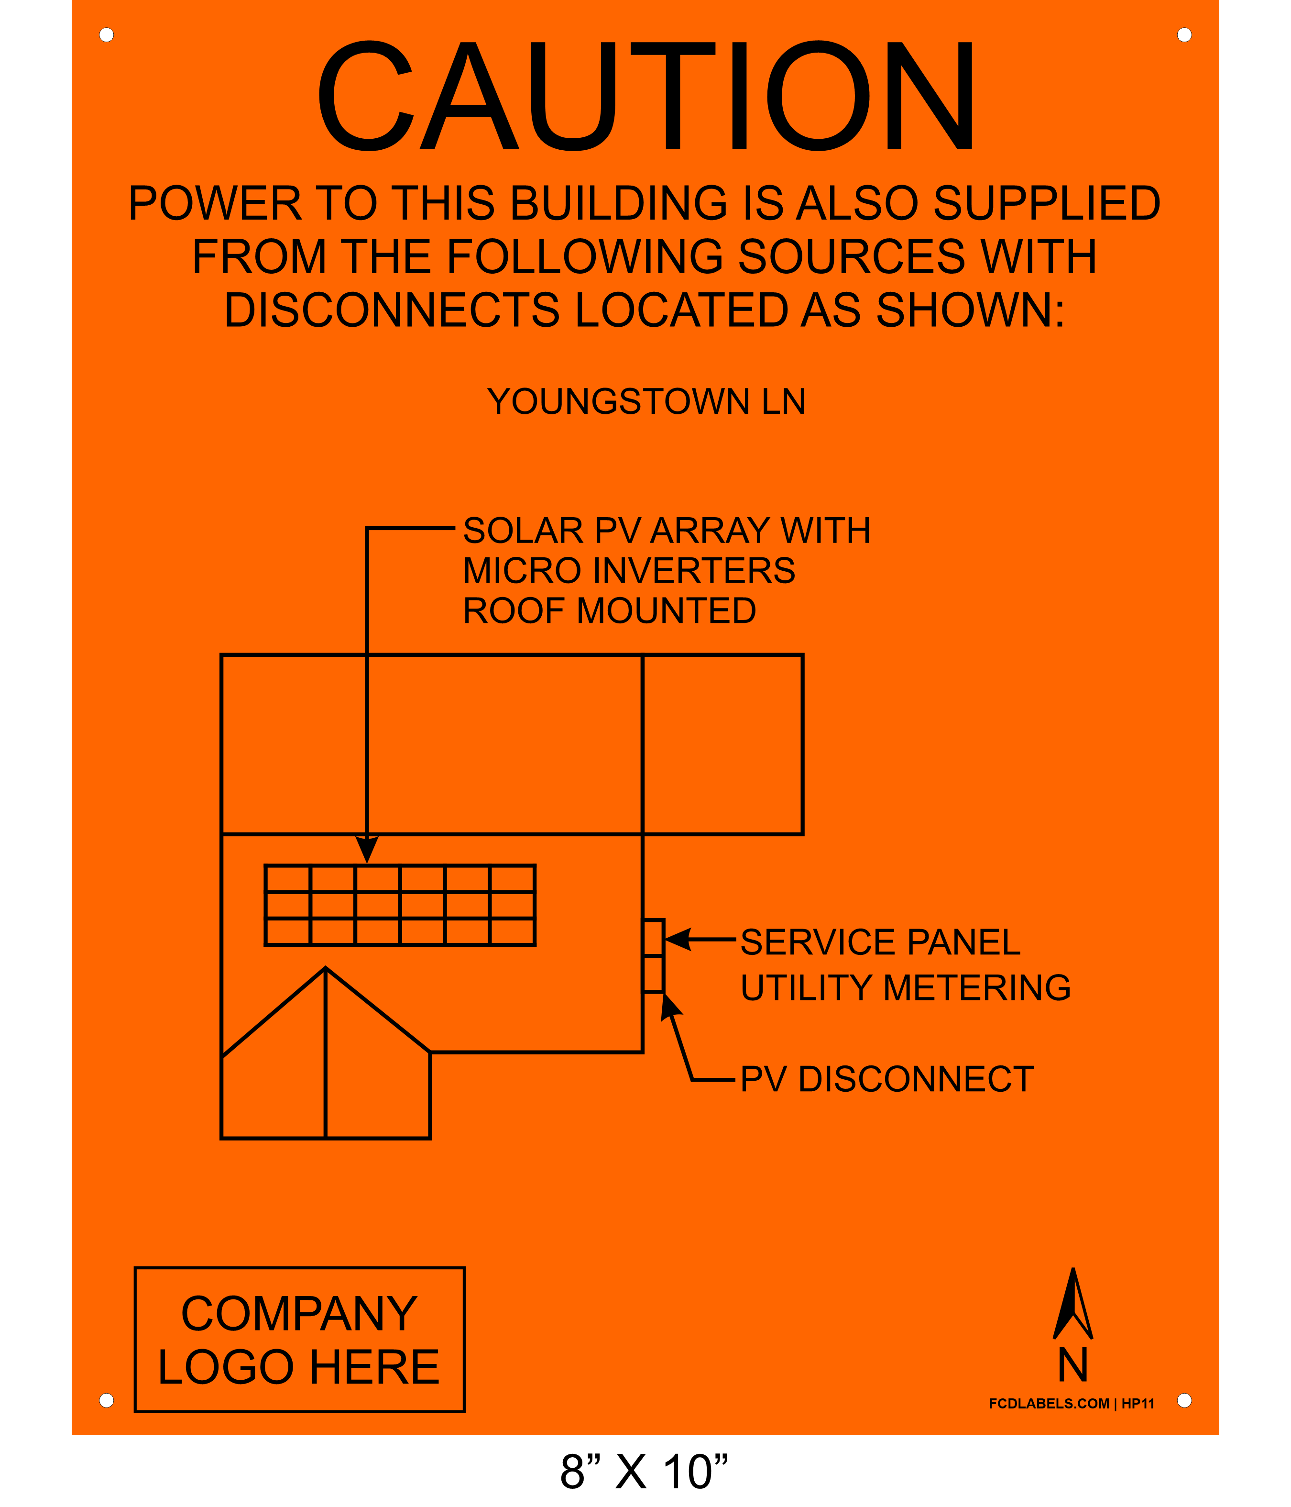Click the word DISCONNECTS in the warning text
pyautogui.click(x=392, y=310)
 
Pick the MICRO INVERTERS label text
pyautogui.click(x=629, y=570)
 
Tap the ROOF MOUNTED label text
pyautogui.click(x=609, y=610)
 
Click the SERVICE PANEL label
pyautogui.click(x=880, y=942)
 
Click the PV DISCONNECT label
pyautogui.click(x=887, y=1079)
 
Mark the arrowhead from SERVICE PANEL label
pyautogui.click(x=677, y=939)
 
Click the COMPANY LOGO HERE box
pyautogui.click(x=299, y=1340)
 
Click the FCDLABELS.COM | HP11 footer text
pyautogui.click(x=1072, y=1404)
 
